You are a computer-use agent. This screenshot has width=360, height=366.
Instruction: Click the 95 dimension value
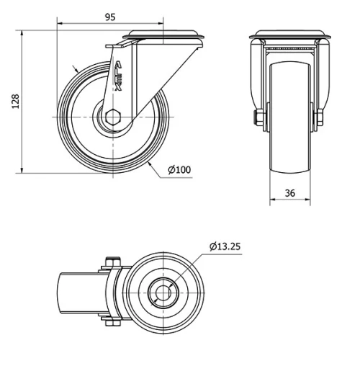click(110, 17)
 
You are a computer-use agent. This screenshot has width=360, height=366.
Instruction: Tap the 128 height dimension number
click(16, 101)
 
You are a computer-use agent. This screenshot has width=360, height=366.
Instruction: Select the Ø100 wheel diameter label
click(179, 170)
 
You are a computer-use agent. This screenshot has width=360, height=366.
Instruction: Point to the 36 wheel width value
click(290, 193)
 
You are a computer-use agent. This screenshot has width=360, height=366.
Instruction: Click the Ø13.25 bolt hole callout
click(225, 246)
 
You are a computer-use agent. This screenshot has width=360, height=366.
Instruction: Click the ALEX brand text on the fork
click(118, 76)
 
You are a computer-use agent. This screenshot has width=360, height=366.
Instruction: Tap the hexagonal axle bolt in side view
click(113, 117)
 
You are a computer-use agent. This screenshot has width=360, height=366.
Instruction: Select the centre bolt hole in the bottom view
click(163, 293)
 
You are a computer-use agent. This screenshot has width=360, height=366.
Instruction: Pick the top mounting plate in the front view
click(290, 35)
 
